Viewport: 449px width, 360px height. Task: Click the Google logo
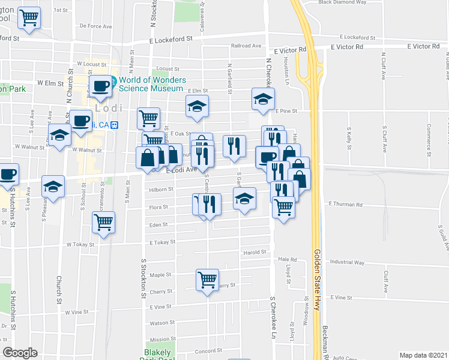[20, 353]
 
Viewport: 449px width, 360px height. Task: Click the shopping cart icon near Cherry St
[207, 279]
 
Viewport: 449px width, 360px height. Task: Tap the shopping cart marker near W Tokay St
[104, 222]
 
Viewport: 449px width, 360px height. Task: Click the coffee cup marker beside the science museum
[100, 85]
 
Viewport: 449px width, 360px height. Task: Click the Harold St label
[254, 253]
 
